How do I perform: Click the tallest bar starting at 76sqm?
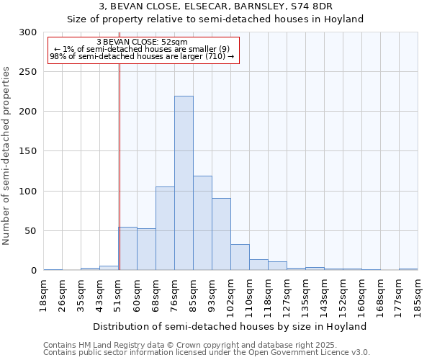click(x=184, y=184)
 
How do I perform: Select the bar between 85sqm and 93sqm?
click(x=202, y=223)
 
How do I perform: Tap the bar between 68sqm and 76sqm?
click(x=165, y=229)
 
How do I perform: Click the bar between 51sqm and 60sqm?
click(x=127, y=249)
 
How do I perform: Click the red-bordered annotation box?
click(x=143, y=50)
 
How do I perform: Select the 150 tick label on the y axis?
click(x=28, y=152)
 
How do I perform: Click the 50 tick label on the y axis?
click(x=31, y=231)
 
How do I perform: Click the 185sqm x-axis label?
click(x=418, y=294)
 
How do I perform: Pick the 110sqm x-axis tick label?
click(x=250, y=294)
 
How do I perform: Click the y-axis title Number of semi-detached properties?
click(x=7, y=156)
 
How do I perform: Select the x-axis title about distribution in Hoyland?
click(x=230, y=326)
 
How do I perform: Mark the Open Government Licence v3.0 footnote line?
click(x=207, y=353)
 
